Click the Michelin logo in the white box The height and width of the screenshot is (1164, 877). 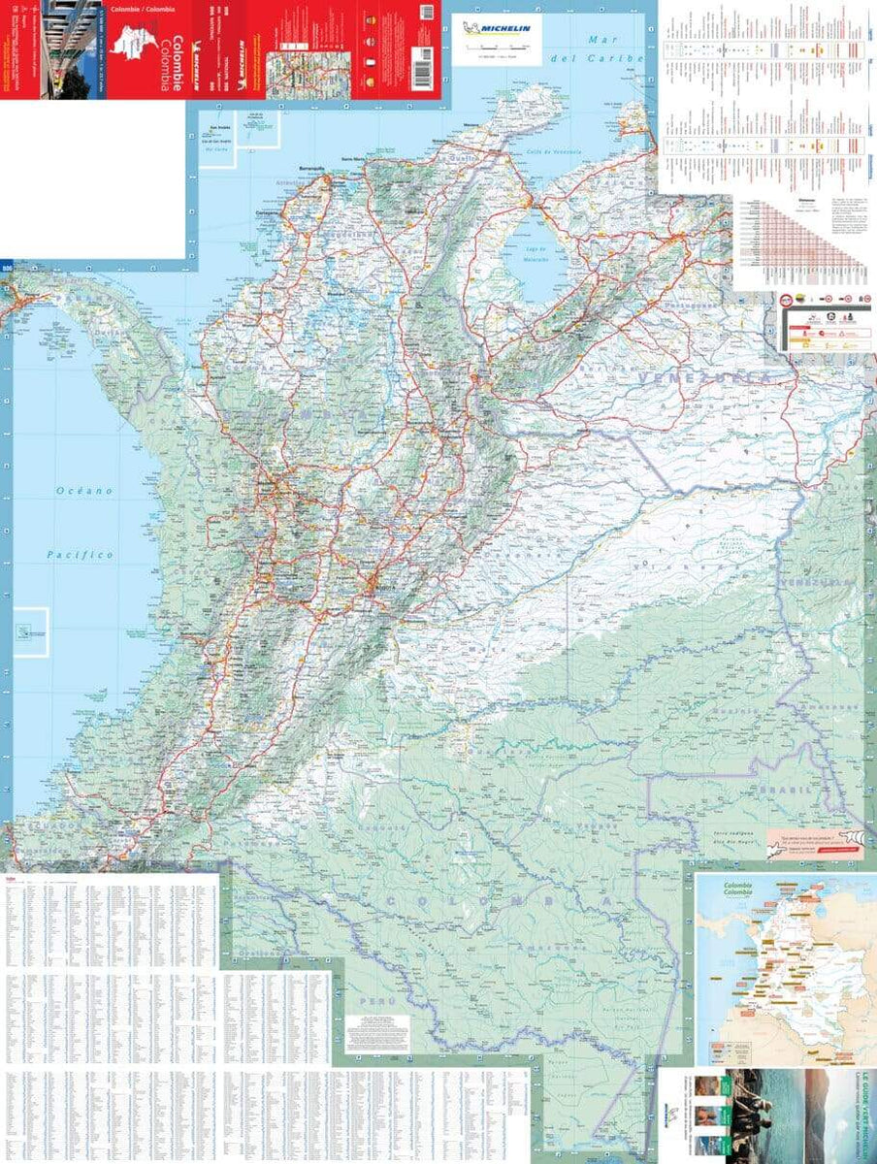click(x=498, y=29)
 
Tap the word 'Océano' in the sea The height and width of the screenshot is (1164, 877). click(x=82, y=491)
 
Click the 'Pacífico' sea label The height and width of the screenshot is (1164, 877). click(x=81, y=555)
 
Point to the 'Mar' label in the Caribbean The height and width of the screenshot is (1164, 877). click(x=607, y=39)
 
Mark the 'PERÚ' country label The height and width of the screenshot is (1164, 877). click(x=367, y=997)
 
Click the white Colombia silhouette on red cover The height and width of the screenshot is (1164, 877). click(x=131, y=47)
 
